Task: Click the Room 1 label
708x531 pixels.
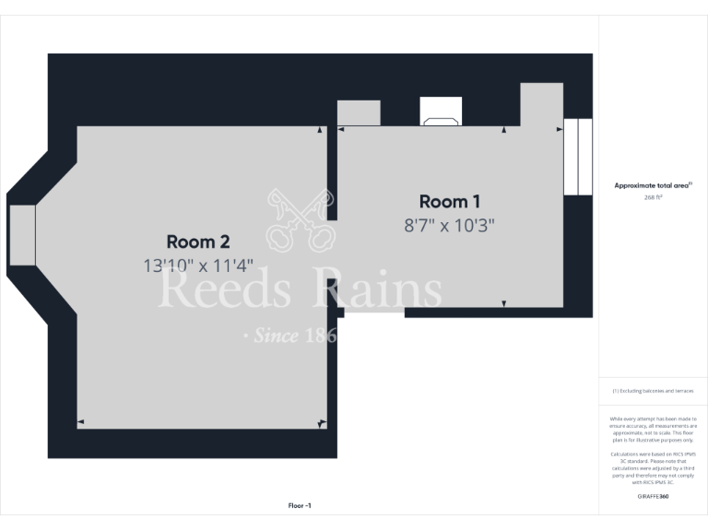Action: point(450,201)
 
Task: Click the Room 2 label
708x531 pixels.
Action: point(197,242)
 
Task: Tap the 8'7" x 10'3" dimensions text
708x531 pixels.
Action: point(450,225)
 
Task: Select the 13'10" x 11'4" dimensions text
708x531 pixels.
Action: point(197,265)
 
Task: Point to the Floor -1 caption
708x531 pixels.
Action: point(300,506)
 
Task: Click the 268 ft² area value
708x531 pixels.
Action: point(653,197)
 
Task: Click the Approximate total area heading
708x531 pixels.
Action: point(653,185)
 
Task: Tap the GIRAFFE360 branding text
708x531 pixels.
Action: point(653,497)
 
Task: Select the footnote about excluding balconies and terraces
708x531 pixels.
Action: point(653,391)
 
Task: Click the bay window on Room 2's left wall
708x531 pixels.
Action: point(22,235)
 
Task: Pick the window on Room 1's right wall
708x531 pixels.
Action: point(577,157)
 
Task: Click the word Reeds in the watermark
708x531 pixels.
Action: point(227,290)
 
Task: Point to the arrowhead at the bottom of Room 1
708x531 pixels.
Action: point(504,303)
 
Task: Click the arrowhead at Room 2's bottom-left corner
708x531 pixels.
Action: point(80,423)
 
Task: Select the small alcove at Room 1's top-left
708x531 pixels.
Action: point(359,112)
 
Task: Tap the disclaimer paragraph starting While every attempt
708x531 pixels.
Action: point(653,430)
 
